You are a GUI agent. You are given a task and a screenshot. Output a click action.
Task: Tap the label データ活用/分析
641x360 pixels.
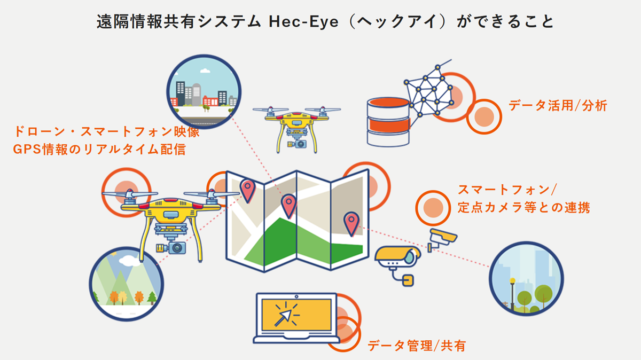coord(558,106)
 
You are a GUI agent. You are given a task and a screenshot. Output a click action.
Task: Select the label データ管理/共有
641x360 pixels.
coord(417,346)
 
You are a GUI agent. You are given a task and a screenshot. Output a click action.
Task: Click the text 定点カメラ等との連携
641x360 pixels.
coord(523,208)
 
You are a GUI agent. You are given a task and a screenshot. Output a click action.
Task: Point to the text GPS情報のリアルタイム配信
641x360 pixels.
coord(99,149)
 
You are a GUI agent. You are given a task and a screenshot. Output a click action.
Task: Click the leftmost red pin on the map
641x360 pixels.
coord(247,190)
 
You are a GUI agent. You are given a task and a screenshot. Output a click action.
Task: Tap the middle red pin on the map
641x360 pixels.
coord(289,204)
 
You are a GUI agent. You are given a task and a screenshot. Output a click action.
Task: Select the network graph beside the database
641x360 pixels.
coord(427,91)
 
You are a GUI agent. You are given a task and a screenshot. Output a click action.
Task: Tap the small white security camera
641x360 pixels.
coord(442,237)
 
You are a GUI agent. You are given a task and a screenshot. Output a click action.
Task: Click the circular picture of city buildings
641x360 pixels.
coord(204,88)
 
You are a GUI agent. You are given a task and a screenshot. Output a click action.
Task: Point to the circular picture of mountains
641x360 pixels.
coord(126,283)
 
